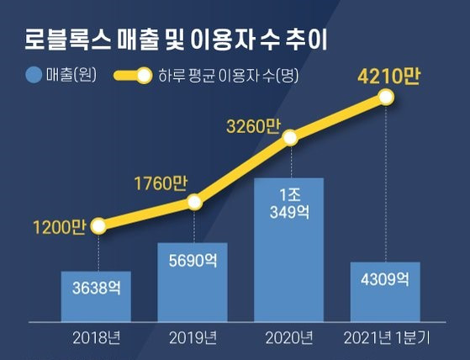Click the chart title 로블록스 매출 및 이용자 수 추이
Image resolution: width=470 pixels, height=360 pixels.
(x=177, y=38)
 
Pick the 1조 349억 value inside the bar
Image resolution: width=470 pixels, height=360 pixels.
(x=288, y=203)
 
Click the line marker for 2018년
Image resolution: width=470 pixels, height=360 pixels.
(x=98, y=225)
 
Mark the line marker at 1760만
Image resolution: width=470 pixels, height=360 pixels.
(x=194, y=202)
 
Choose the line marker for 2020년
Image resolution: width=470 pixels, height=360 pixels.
(x=290, y=137)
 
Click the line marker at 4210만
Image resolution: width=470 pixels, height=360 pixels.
(x=386, y=98)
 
